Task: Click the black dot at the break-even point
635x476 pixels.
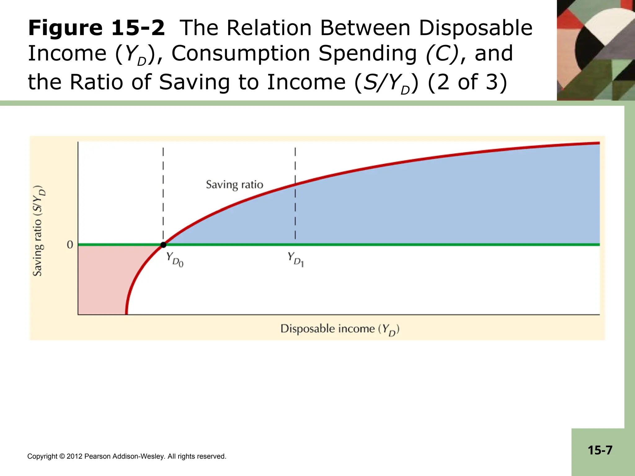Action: [163, 245]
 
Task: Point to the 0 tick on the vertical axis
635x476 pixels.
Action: [70, 245]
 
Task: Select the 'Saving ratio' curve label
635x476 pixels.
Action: [234, 185]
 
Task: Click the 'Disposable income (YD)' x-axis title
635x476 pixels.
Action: [340, 329]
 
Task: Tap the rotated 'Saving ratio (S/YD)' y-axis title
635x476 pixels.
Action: [39, 231]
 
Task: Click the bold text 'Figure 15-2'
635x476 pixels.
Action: [96, 28]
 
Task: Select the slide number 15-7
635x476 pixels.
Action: [600, 450]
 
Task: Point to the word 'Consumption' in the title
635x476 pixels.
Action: [241, 54]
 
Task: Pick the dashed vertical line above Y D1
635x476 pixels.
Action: [295, 194]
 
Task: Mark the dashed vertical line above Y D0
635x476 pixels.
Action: [163, 194]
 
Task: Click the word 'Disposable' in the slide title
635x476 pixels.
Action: [476, 28]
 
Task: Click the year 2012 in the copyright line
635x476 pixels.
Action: [74, 456]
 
